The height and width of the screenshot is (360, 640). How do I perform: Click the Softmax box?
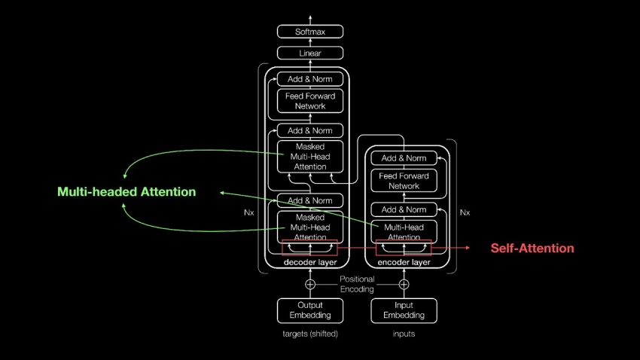tap(310, 32)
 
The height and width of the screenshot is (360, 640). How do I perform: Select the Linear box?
tap(310, 53)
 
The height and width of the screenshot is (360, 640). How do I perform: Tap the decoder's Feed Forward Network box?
tap(310, 101)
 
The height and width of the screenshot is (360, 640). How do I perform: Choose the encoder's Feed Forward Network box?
tap(404, 181)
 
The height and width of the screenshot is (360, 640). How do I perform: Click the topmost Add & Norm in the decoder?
tap(310, 79)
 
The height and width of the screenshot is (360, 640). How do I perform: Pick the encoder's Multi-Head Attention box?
tap(404, 232)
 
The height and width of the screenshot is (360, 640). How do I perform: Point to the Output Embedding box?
tap(310, 310)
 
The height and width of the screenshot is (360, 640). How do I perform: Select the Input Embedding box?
tap(404, 310)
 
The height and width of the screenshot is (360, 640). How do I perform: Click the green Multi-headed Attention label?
tap(126, 192)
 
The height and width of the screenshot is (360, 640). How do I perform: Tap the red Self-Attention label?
tap(532, 249)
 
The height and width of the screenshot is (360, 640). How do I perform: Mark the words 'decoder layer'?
tap(310, 263)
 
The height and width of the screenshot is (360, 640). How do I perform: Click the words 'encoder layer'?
tap(404, 263)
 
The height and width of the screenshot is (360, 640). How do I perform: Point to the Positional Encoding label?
tap(357, 284)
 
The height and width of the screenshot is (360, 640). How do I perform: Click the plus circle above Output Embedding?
tap(310, 285)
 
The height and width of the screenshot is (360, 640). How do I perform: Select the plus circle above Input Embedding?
tap(404, 285)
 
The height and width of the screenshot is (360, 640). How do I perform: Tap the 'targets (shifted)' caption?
tap(310, 334)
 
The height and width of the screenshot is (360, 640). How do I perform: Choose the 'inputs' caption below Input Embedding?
tap(404, 334)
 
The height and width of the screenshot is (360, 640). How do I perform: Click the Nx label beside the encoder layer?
tap(465, 212)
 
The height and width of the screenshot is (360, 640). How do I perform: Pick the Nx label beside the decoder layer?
tap(249, 212)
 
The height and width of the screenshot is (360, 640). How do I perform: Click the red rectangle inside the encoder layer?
tap(404, 248)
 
